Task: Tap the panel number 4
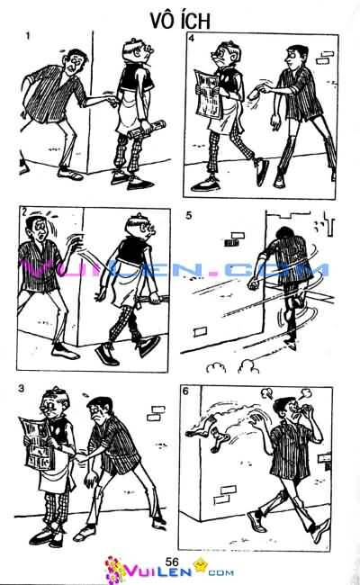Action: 192,40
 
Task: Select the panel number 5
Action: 188,216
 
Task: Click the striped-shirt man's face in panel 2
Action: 37,225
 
